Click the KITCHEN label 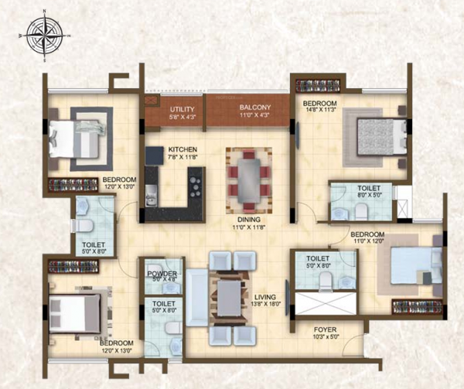coord(182,149)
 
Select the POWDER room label coord(163,273)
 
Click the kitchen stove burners coord(195,185)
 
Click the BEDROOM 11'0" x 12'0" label coord(367,234)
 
